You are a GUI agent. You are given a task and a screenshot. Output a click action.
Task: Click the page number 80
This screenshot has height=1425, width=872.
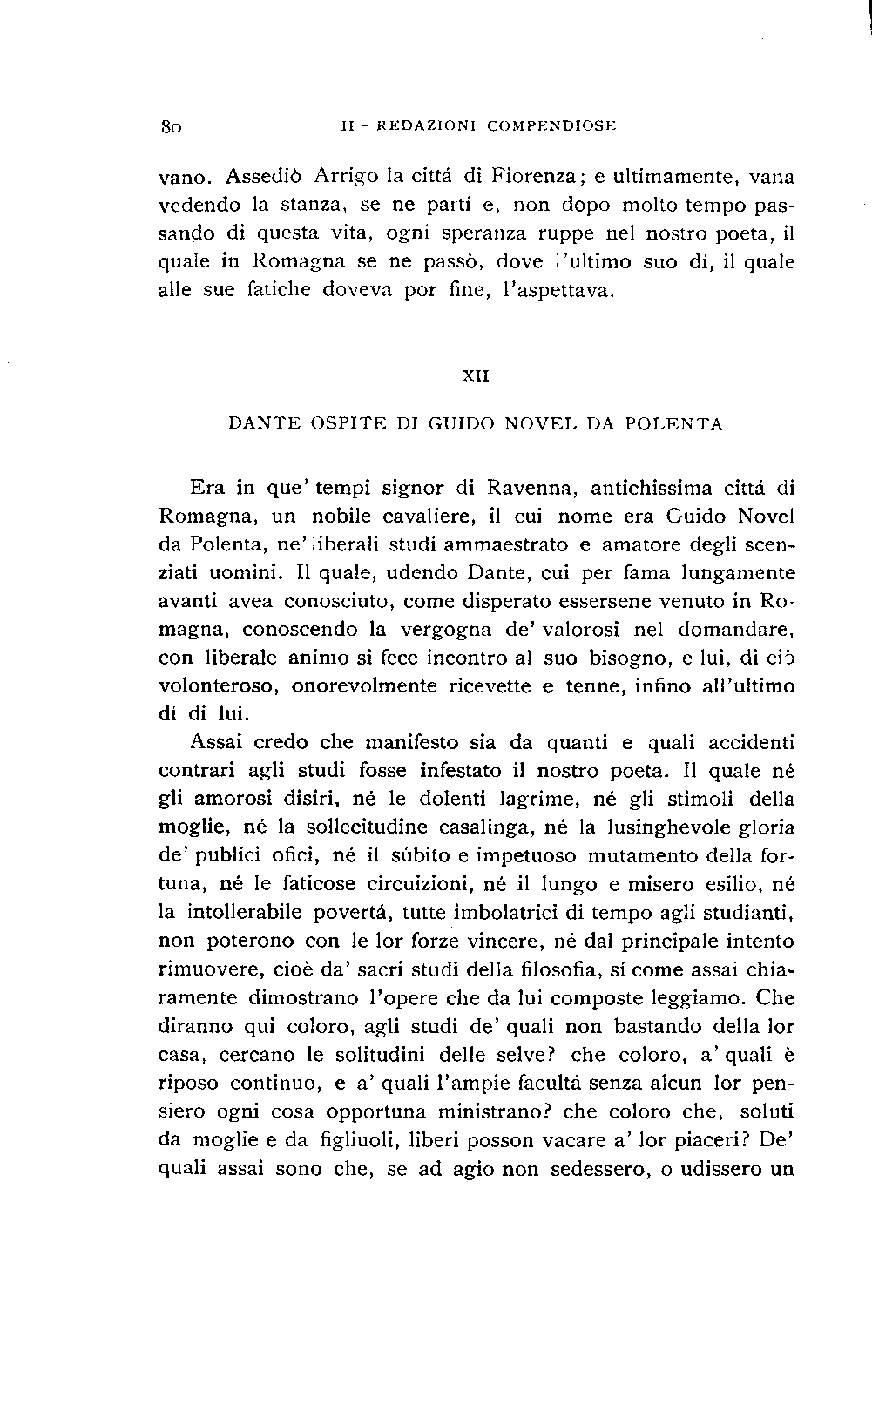tap(169, 125)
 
